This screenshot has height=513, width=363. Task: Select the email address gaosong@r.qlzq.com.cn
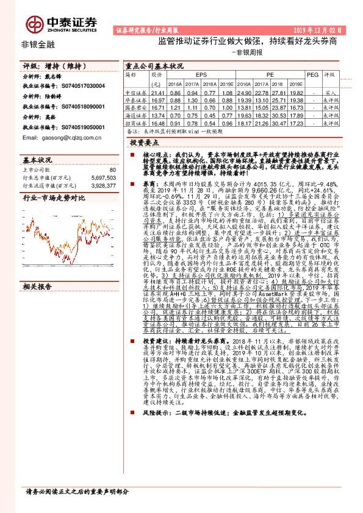point(59,138)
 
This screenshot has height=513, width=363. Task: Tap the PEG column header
point(312,75)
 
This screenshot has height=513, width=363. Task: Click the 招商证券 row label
point(135,123)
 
